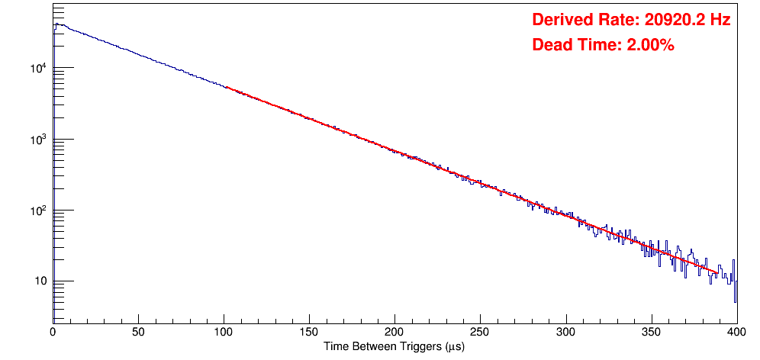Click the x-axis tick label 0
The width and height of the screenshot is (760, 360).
point(53,332)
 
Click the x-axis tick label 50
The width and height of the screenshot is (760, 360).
point(138,332)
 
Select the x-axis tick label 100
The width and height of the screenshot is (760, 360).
point(224,332)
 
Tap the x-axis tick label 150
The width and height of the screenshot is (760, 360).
point(309,332)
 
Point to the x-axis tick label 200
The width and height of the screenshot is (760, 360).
point(394,332)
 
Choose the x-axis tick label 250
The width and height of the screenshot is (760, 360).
point(480,332)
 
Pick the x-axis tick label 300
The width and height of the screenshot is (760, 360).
point(565,332)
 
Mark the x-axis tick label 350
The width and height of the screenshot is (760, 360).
point(651,332)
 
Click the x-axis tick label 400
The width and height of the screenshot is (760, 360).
point(736,332)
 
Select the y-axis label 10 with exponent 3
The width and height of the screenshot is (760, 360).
point(37,140)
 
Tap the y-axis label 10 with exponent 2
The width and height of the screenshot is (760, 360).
point(37,211)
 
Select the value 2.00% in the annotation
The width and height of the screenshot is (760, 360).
point(650,46)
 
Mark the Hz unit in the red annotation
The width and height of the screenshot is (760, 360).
point(720,21)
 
